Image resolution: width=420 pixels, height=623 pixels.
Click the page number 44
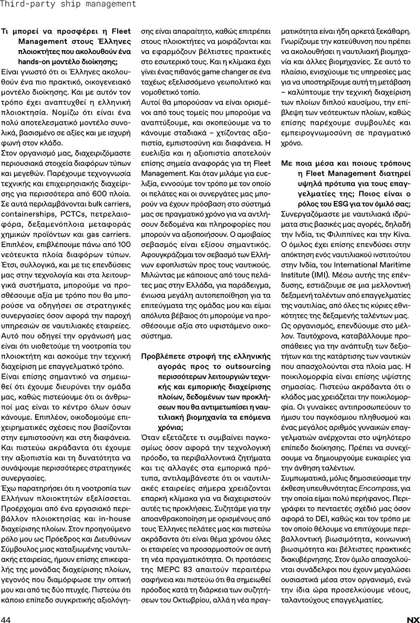coord(6,620)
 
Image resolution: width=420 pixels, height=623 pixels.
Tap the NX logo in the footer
coord(413,620)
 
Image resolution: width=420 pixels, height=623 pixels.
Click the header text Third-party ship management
coord(68,4)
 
